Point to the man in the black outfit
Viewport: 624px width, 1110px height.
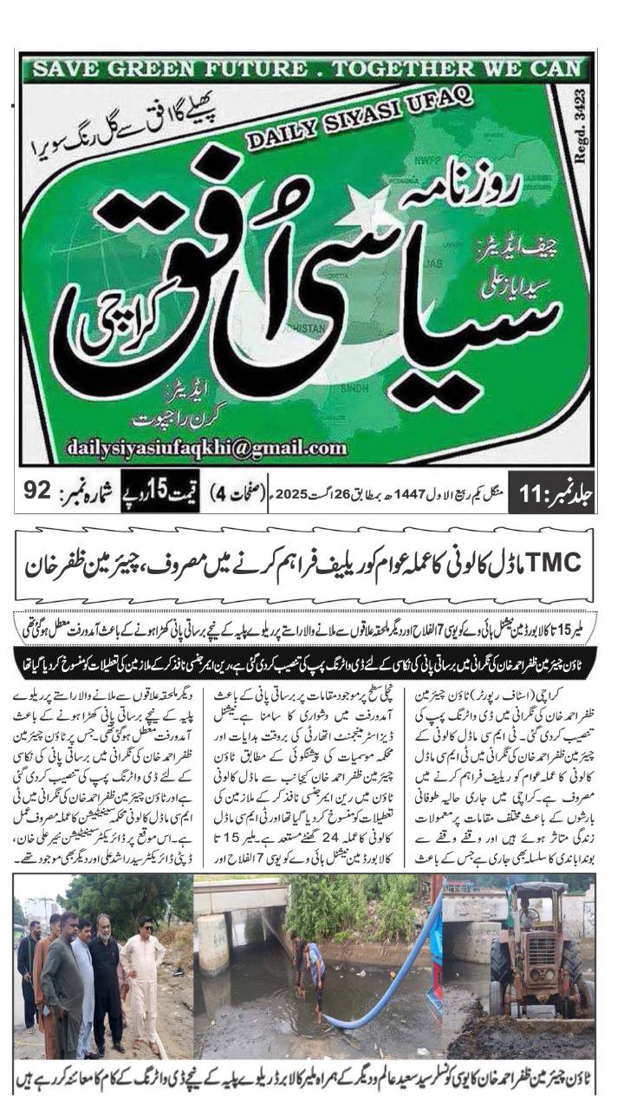click(x=106, y=989)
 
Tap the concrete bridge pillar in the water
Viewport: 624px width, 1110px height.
click(x=212, y=945)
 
